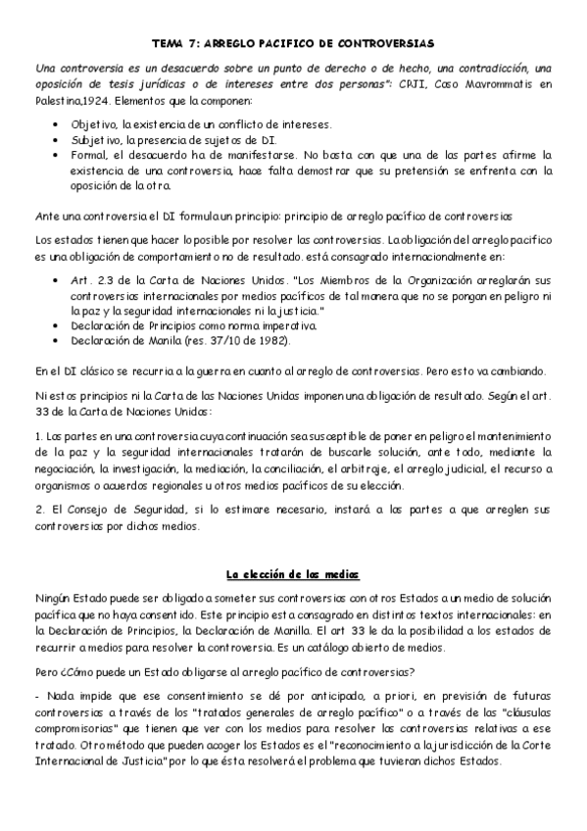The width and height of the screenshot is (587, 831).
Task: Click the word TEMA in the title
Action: pos(171,44)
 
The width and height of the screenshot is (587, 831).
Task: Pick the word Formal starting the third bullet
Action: pos(89,155)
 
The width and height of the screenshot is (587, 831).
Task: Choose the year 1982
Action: pos(263,340)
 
